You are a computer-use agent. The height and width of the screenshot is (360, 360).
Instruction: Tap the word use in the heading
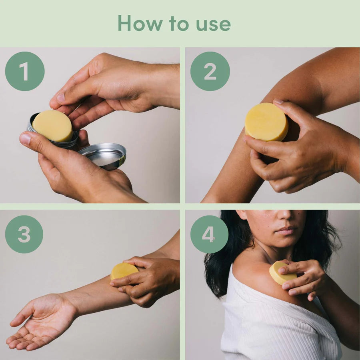point(213,25)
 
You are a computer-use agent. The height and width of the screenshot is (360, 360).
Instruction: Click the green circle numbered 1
point(25,71)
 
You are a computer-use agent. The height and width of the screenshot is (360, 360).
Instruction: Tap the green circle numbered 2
point(210,71)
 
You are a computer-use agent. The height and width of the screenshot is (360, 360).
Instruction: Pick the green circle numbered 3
point(24,234)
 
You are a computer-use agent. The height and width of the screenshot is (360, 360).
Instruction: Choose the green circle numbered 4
point(209,234)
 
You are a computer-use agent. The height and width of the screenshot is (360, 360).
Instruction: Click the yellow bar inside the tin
point(53,126)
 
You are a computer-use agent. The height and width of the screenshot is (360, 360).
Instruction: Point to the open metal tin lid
point(103,156)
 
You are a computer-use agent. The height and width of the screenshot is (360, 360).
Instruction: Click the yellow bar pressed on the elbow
point(266,122)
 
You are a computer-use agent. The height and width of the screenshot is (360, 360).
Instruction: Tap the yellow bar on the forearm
point(124,271)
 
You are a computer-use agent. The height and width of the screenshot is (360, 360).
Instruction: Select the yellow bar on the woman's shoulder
point(282,272)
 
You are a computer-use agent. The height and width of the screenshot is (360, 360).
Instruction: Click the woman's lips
point(286,230)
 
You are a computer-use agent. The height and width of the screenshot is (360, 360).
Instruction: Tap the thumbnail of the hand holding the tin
point(25,139)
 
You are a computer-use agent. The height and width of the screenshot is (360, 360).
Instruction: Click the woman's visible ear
point(241,214)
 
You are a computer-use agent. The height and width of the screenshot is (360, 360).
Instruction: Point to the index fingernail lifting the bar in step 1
point(61,97)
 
